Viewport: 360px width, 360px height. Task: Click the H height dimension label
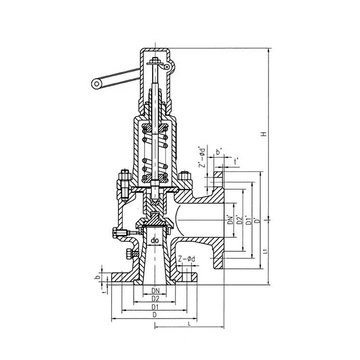pyautogui.click(x=264, y=134)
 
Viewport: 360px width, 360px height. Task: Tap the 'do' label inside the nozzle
pyautogui.click(x=155, y=241)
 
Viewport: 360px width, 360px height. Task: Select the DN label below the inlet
pyautogui.click(x=155, y=291)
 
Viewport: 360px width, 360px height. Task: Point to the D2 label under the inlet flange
pyautogui.click(x=155, y=299)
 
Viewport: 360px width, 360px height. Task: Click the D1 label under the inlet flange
pyautogui.click(x=155, y=307)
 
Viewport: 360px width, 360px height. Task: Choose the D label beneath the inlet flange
pyautogui.click(x=154, y=315)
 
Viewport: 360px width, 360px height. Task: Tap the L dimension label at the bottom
pyautogui.click(x=189, y=324)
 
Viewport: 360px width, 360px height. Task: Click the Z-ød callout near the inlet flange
pyautogui.click(x=186, y=259)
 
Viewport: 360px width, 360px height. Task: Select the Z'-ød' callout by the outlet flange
pyautogui.click(x=202, y=157)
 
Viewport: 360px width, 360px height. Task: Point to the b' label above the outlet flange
pyautogui.click(x=219, y=152)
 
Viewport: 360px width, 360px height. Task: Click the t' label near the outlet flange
pyautogui.click(x=236, y=162)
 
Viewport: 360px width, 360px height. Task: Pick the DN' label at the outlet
pyautogui.click(x=230, y=220)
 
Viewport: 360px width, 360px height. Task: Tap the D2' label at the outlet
pyautogui.click(x=240, y=220)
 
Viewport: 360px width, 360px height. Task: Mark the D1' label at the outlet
pyautogui.click(x=248, y=220)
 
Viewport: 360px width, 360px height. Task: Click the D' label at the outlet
pyautogui.click(x=258, y=221)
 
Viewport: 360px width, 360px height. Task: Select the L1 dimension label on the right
pyautogui.click(x=265, y=251)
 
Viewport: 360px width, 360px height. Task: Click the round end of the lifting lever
pyautogui.click(x=97, y=84)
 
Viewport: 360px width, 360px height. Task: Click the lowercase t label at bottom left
pyautogui.click(x=105, y=292)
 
